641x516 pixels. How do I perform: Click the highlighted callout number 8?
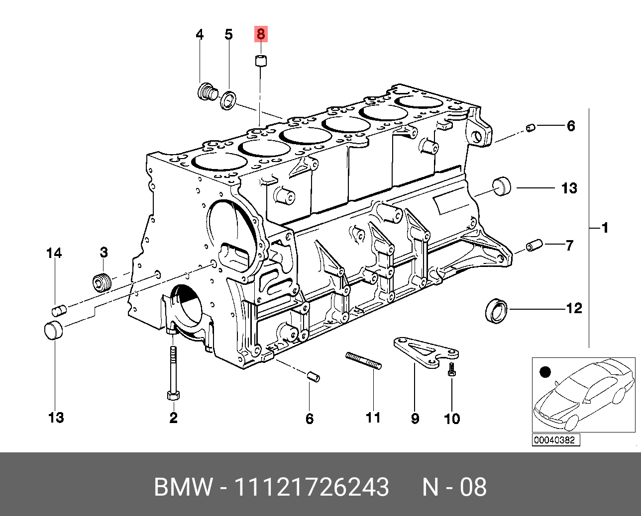(261, 34)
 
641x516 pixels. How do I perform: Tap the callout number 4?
(200, 35)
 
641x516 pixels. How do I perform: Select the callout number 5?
(228, 35)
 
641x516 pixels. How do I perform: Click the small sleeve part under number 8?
(261, 62)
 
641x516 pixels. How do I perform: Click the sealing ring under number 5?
(229, 100)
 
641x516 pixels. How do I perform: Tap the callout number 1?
(605, 228)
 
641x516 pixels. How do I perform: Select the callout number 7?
(569, 245)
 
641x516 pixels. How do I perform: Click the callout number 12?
(574, 309)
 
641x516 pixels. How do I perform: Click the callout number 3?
(104, 253)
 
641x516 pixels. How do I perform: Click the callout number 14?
(54, 254)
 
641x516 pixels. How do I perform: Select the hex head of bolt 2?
(173, 395)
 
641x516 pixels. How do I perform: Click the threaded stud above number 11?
(363, 360)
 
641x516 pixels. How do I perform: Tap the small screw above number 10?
(451, 368)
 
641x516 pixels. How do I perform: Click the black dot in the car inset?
(545, 372)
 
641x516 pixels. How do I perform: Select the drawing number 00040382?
(554, 440)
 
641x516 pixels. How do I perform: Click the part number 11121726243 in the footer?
(311, 487)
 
